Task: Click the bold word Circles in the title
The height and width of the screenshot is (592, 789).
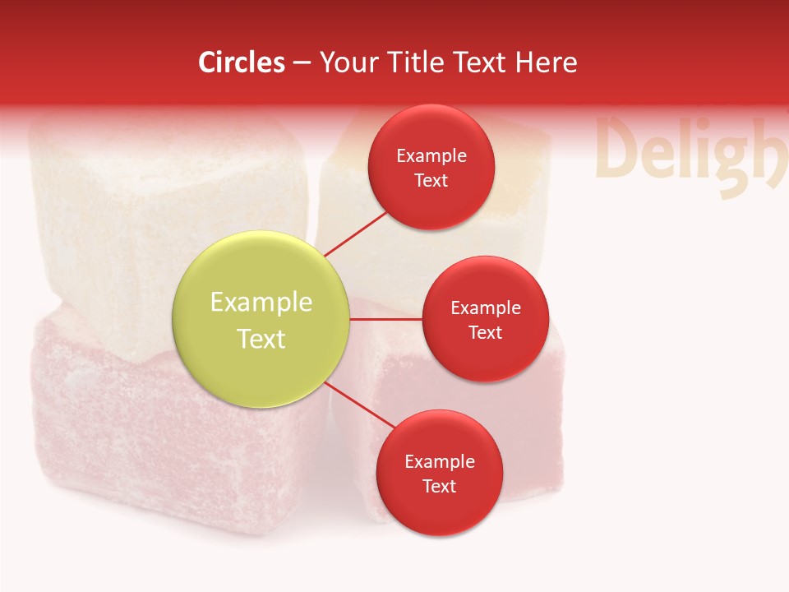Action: coord(242,62)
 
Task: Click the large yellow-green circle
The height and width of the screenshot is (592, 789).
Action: coord(261,319)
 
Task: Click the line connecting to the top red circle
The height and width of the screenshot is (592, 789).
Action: coord(355,234)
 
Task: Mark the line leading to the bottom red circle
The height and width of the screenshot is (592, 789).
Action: coord(358,405)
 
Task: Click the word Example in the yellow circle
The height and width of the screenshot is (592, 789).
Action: coord(261,303)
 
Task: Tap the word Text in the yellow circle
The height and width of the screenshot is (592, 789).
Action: coord(261,339)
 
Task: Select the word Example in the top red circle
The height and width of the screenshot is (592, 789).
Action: coord(431,155)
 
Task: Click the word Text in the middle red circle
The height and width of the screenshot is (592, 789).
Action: coord(485,333)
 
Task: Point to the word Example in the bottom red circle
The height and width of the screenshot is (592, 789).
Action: coord(439,461)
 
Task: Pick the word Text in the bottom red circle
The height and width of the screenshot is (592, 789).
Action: coord(439,486)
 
